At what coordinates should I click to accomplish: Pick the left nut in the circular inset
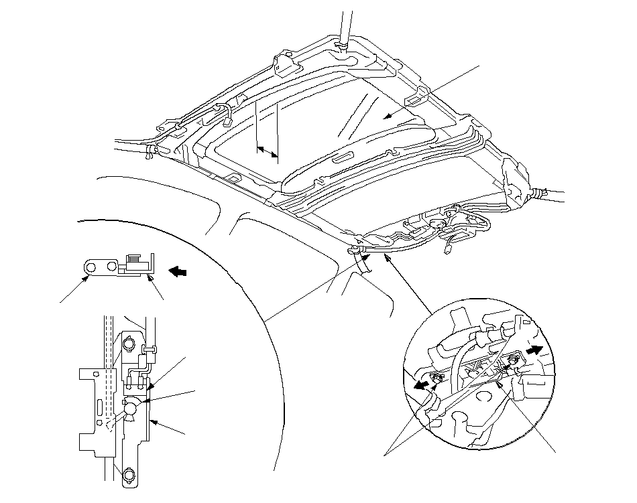pos(437,380)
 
